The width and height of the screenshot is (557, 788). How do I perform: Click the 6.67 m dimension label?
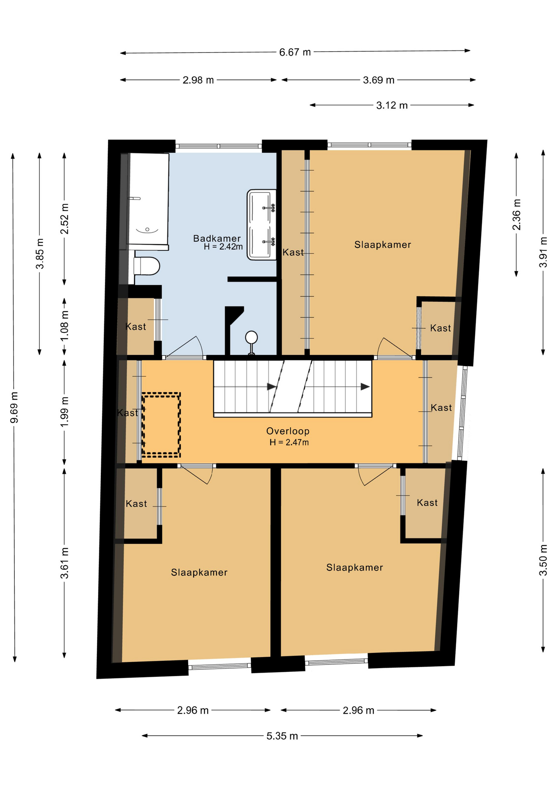[x=295, y=52]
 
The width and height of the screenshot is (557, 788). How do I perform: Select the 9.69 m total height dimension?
[x=14, y=408]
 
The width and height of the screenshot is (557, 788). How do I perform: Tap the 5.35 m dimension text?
[x=282, y=736]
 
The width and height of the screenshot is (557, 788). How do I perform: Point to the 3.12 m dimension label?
[x=392, y=105]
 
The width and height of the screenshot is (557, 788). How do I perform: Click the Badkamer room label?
[x=217, y=238]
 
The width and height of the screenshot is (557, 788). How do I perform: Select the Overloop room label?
[x=288, y=431]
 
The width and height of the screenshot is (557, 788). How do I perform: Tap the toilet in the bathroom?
[x=146, y=266]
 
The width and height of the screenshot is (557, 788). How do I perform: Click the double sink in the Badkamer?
[x=262, y=224]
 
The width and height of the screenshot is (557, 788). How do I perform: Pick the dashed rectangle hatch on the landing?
[x=161, y=425]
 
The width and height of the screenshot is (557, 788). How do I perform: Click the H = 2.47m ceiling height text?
[x=289, y=442]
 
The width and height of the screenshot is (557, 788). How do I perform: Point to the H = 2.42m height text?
[x=223, y=247]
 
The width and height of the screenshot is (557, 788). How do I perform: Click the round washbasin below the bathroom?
[x=251, y=338]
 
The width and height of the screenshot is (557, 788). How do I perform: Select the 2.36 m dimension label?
[x=516, y=215]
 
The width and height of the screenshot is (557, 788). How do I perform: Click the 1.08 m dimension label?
[x=64, y=326]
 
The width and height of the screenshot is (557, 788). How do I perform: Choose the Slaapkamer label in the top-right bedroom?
[x=383, y=245]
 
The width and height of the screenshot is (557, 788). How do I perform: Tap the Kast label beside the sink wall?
[x=293, y=252]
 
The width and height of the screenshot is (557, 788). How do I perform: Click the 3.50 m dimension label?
[x=543, y=560]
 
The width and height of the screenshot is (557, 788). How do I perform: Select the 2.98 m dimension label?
[x=198, y=80]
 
